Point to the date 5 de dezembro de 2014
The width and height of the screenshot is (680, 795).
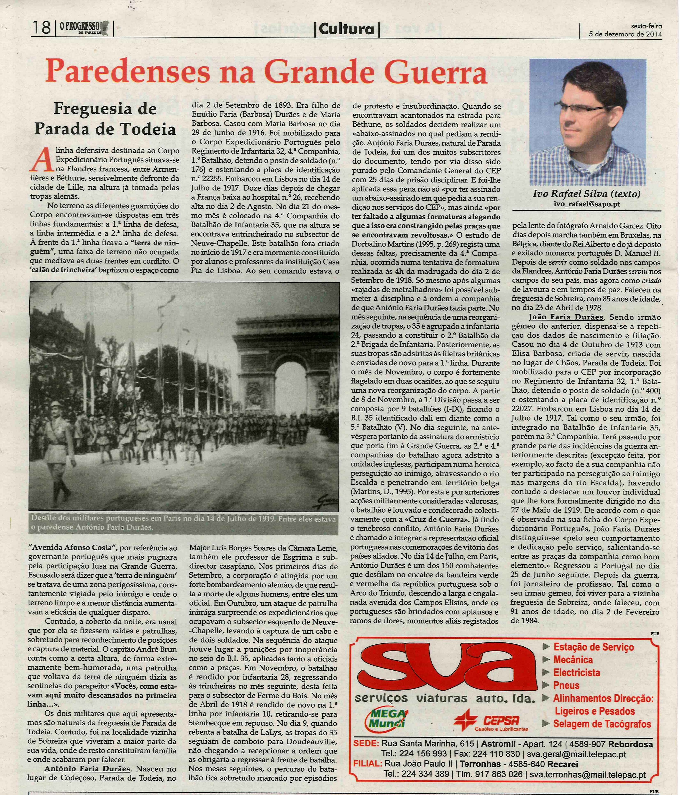pyautogui.click(x=625, y=34)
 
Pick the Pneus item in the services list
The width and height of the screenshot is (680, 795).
pyautogui.click(x=566, y=685)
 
